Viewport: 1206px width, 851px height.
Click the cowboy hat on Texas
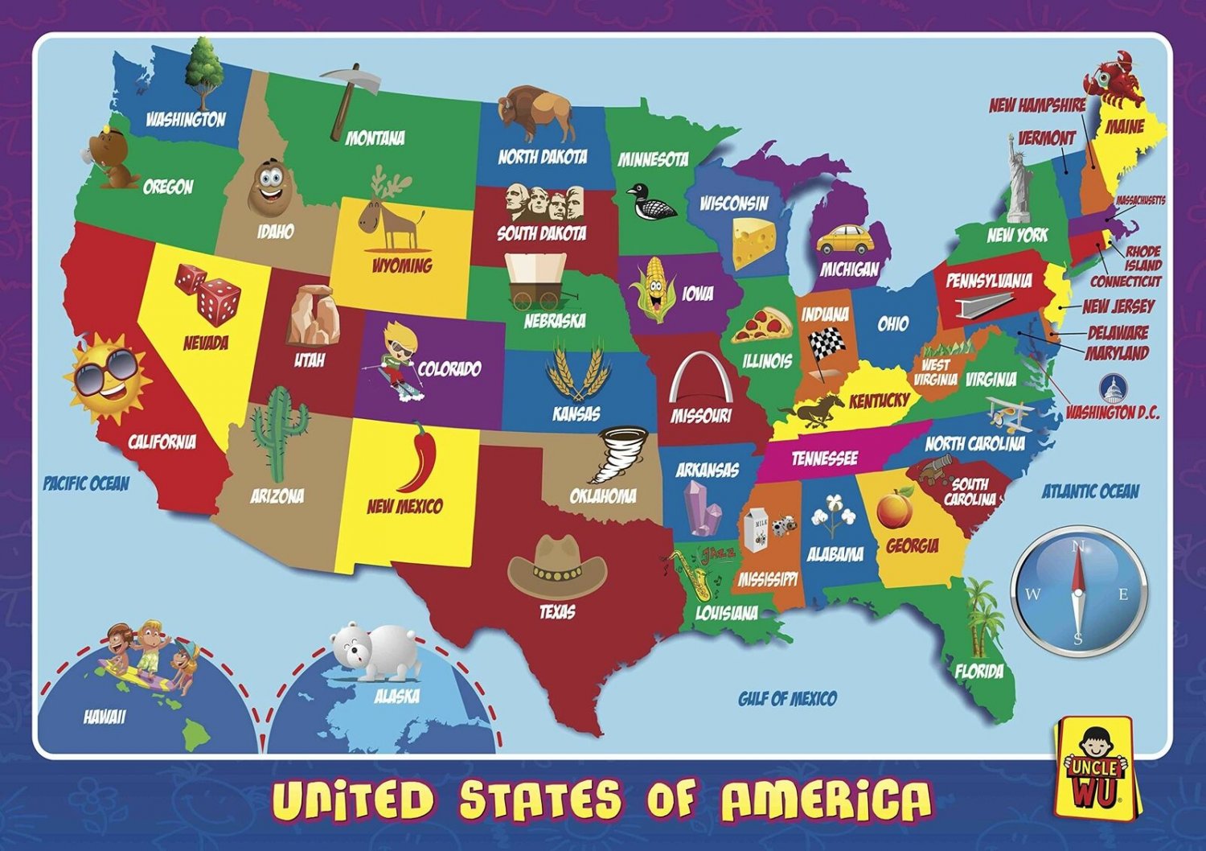click(x=557, y=565)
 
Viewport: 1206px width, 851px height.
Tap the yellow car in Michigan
click(x=844, y=239)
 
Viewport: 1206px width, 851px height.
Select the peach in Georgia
click(x=893, y=509)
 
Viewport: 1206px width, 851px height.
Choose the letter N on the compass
click(x=1078, y=546)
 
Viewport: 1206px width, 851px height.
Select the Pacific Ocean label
click(x=86, y=483)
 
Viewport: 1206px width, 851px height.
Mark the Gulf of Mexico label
click(x=787, y=698)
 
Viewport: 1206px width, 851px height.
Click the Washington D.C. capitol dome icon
click(x=1113, y=390)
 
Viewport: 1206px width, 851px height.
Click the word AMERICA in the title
click(x=827, y=800)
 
